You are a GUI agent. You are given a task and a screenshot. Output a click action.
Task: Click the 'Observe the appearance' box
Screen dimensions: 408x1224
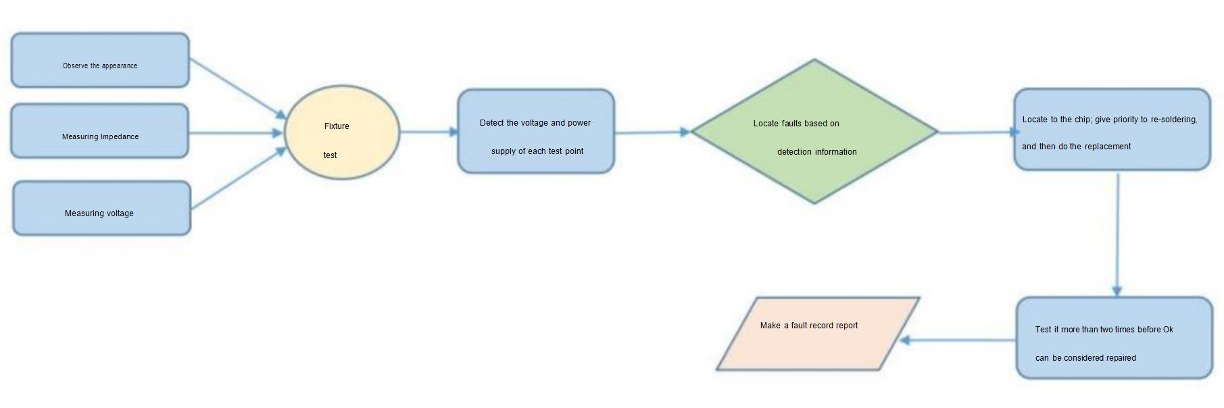coord(100,60)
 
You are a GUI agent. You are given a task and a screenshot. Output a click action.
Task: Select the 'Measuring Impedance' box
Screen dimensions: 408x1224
coord(99,130)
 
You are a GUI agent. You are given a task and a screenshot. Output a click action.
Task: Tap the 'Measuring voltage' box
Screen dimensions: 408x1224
coord(101,208)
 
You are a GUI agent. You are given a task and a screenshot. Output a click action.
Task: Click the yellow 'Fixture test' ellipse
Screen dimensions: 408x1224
coord(342,132)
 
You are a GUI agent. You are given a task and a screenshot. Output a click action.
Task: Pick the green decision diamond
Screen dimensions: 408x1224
coord(814,132)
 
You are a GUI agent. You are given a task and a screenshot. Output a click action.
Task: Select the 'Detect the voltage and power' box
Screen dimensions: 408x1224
coord(536,131)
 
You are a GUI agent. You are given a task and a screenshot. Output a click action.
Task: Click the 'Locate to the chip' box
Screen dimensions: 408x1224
coord(1111,129)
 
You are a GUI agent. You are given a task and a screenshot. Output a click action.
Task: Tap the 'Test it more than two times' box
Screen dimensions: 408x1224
coord(1114,337)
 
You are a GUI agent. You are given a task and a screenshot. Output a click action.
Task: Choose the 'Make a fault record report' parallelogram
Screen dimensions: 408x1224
coord(818,334)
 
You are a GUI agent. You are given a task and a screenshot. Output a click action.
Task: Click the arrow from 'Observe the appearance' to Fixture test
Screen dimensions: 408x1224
coord(237,87)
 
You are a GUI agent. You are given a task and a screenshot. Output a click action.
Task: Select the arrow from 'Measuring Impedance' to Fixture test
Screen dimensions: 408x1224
coord(236,133)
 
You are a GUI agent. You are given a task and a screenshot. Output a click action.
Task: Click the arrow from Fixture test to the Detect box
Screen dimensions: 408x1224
coord(429,132)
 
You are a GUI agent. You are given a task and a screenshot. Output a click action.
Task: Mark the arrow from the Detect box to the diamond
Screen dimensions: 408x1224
coord(652,132)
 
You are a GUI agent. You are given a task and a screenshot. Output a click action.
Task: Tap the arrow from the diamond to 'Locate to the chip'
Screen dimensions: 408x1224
coord(976,132)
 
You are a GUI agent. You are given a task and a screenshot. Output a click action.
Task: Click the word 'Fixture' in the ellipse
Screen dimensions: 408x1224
coord(337,126)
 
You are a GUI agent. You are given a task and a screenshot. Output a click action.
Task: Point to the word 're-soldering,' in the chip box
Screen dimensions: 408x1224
coord(1173,120)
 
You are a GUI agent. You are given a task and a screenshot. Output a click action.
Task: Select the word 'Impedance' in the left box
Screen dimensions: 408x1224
coord(120,136)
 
